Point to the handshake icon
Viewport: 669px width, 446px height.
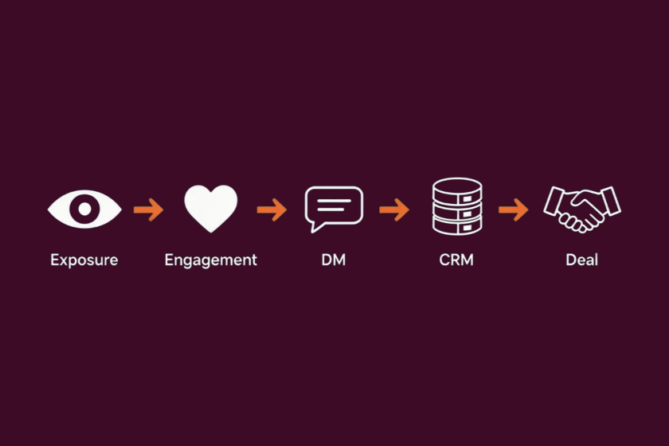pos(582,209)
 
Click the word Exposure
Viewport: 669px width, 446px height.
pos(84,260)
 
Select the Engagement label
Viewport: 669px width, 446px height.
pos(211,260)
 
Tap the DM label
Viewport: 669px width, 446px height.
pos(333,260)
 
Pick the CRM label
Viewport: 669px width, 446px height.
pos(456,260)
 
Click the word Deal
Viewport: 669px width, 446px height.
pos(581,260)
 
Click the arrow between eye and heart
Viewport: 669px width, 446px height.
pos(148,209)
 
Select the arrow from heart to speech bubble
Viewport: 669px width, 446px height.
pos(272,209)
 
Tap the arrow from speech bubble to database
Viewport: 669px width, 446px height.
pos(394,209)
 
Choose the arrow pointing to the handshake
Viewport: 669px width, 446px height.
pos(513,209)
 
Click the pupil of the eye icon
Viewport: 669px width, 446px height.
pos(84,209)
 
